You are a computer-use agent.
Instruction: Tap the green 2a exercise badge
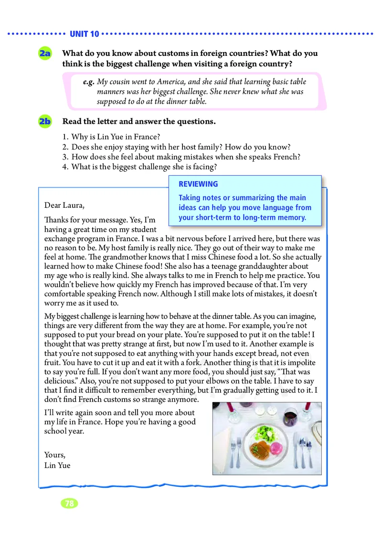[46, 54]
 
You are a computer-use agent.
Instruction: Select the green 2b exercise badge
[46, 122]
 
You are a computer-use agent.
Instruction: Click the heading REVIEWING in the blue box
[198, 184]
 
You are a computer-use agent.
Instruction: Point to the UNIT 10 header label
[84, 34]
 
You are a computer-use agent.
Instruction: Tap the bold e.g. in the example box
[88, 82]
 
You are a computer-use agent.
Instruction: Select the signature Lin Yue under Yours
[57, 465]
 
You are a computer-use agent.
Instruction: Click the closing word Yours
[54, 455]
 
